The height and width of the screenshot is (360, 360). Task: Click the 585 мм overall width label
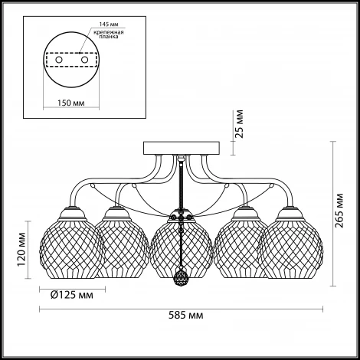[x=186, y=316]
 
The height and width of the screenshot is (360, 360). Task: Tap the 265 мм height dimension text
[x=339, y=211]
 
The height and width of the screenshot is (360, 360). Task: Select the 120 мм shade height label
[x=21, y=249]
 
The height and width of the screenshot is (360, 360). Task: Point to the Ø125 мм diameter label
[x=72, y=295]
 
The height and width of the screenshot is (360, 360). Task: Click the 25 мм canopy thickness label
[x=239, y=124]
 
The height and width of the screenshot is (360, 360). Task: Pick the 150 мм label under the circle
[x=70, y=103]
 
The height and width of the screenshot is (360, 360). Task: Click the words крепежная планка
[x=109, y=34]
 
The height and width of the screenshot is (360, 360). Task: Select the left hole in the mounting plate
[x=59, y=60]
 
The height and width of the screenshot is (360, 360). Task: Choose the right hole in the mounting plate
[x=84, y=60]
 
